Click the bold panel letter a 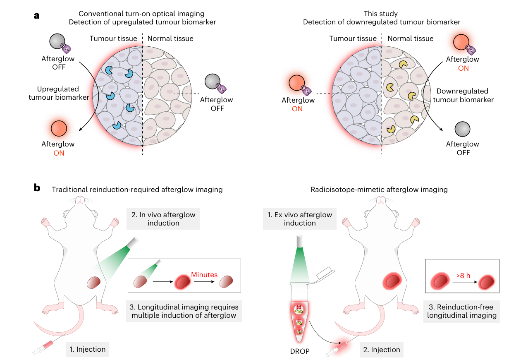click(x=37, y=16)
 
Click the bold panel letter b click(x=37, y=188)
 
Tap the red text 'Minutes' click(x=205, y=274)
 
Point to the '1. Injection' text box click(x=88, y=349)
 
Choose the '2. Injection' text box click(x=381, y=350)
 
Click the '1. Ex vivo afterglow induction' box click(x=300, y=219)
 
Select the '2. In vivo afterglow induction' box click(x=163, y=219)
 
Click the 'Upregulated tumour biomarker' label click(x=63, y=93)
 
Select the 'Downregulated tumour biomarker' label click(x=462, y=95)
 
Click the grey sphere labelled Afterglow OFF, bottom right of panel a click(x=462, y=130)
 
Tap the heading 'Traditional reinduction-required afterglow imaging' click(x=137, y=190)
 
